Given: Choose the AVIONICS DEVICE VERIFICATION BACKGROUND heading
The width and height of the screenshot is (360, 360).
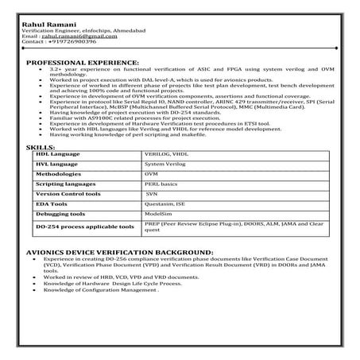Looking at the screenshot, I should click(109, 252).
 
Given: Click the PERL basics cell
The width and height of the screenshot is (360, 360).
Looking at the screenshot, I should click(161, 183).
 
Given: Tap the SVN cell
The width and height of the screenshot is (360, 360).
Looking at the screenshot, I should click(152, 193).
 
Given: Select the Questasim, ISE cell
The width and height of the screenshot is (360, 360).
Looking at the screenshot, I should click(163, 203).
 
